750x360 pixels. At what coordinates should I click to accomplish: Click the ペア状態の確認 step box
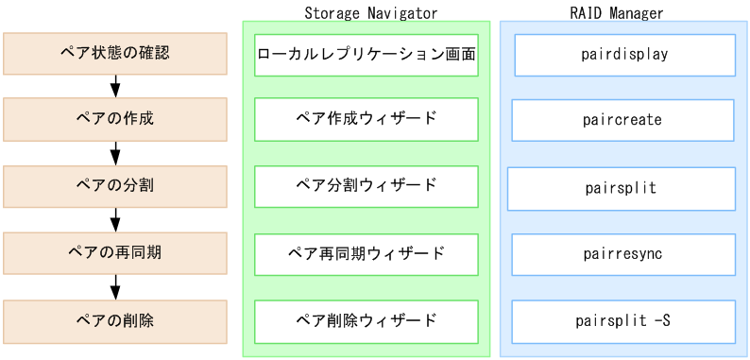click(115, 54)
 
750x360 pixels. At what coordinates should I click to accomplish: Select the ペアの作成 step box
click(115, 120)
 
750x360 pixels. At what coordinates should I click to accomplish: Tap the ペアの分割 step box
click(115, 186)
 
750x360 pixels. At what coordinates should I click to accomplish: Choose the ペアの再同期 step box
click(115, 253)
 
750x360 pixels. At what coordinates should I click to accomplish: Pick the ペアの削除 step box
click(115, 320)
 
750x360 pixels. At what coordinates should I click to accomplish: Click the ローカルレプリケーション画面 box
click(366, 55)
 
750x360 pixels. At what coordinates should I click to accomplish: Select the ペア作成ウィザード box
click(366, 119)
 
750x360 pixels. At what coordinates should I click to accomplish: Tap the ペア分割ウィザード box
click(366, 186)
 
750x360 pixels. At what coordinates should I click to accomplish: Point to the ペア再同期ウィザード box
click(366, 254)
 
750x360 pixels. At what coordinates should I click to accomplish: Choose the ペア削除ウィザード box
click(366, 320)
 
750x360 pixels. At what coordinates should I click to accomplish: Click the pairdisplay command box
click(624, 55)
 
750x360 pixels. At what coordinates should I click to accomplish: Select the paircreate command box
click(622, 120)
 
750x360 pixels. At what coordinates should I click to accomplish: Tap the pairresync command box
click(622, 254)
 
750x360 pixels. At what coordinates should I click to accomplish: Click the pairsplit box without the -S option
click(621, 188)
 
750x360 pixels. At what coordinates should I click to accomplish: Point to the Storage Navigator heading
click(370, 13)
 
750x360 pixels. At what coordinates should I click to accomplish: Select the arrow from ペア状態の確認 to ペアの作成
click(115, 87)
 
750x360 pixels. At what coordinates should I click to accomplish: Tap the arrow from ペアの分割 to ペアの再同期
click(115, 220)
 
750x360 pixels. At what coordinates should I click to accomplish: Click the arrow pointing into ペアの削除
click(115, 287)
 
